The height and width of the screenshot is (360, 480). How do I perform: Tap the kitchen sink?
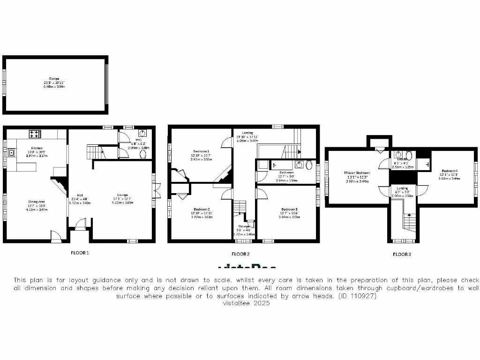click(x=11, y=152)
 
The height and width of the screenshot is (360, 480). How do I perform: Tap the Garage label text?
click(x=55, y=78)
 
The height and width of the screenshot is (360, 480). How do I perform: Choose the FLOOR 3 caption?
click(x=402, y=254)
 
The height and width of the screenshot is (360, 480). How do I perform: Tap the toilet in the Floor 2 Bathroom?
click(x=308, y=165)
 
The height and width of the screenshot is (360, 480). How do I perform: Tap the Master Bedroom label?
click(x=357, y=172)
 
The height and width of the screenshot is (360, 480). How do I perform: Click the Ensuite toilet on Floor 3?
click(x=409, y=155)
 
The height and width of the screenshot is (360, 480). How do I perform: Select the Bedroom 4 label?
click(x=450, y=171)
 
